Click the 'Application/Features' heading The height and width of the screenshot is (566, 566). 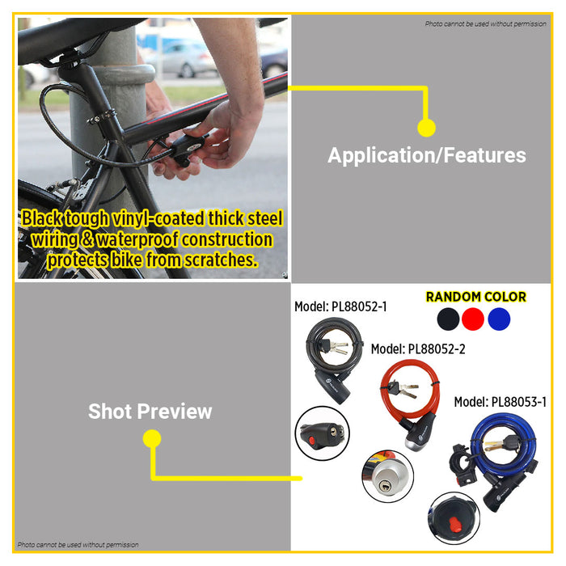tap(426, 155)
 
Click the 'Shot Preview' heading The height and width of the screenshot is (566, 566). tap(150, 411)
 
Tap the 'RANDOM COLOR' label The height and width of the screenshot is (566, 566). tap(475, 297)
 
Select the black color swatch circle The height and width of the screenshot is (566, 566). tap(448, 319)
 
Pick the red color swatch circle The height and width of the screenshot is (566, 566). tap(473, 319)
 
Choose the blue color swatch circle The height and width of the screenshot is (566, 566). tap(499, 319)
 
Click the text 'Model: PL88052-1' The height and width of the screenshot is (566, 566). tap(340, 306)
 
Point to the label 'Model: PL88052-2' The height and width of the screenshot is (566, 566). tap(418, 349)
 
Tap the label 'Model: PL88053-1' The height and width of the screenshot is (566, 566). tap(501, 402)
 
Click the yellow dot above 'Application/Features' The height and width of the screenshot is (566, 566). tap(426, 128)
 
